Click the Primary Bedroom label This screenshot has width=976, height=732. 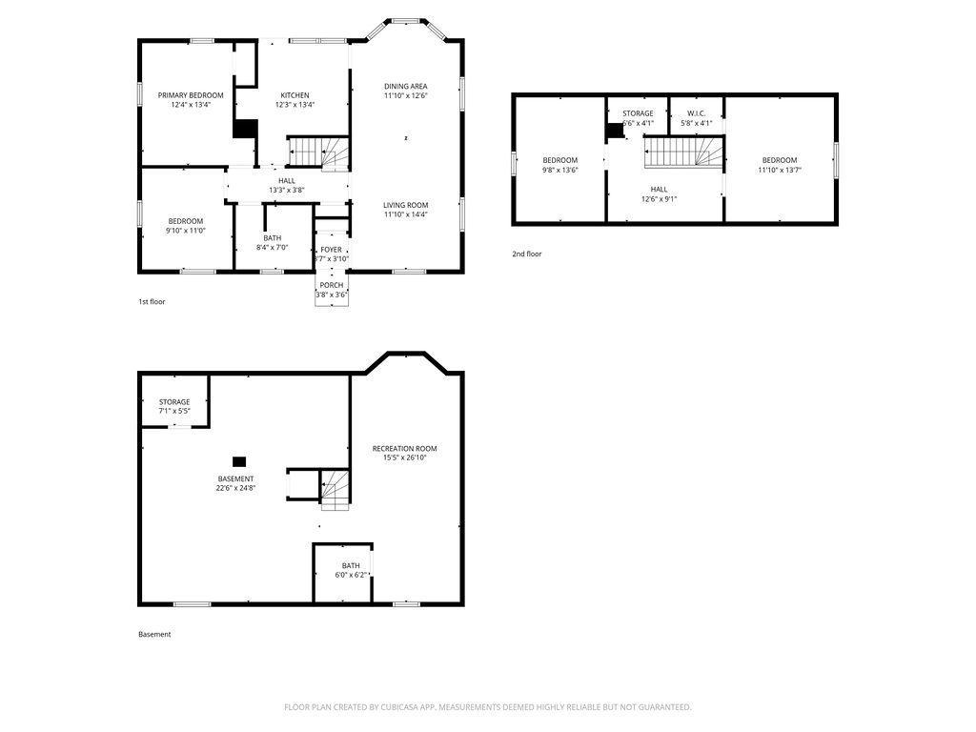tap(191, 95)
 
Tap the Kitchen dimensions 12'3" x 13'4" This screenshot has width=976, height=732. tap(295, 105)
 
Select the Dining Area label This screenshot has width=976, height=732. tap(406, 86)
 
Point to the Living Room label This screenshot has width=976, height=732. tap(406, 205)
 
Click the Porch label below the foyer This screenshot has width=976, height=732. tap(332, 285)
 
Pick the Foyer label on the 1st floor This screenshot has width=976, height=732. tap(331, 250)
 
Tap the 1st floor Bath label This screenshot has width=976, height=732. tap(272, 237)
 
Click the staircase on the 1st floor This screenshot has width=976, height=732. tap(317, 152)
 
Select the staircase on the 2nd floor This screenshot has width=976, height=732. tap(684, 152)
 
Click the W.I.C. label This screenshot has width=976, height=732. tap(696, 113)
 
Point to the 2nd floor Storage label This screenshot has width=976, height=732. tap(638, 113)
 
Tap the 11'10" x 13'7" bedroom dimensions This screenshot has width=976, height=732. tap(780, 170)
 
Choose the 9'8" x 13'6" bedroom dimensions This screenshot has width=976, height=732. tap(560, 170)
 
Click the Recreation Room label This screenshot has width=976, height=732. tap(404, 448)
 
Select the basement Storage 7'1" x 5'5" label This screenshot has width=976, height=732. tap(174, 406)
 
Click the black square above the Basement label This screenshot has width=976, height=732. tap(239, 462)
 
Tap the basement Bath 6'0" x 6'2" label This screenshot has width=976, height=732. tap(351, 570)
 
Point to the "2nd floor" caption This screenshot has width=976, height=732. tap(526, 254)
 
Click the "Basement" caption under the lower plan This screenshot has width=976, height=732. tap(154, 634)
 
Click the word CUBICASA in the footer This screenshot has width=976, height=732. tap(401, 707)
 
